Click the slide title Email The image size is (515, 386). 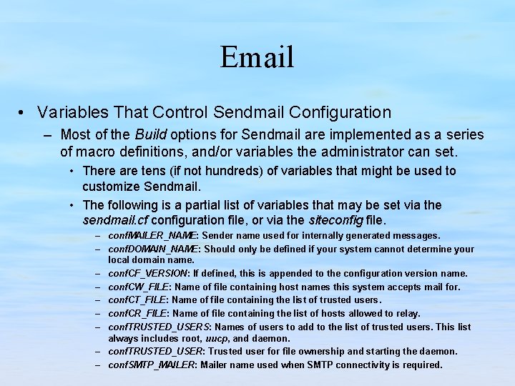257,57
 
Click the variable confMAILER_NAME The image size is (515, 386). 153,236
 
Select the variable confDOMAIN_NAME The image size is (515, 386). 153,249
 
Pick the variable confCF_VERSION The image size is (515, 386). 148,274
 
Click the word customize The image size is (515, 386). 111,186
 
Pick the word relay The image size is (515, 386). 406,313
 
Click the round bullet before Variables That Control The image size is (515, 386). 24,113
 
